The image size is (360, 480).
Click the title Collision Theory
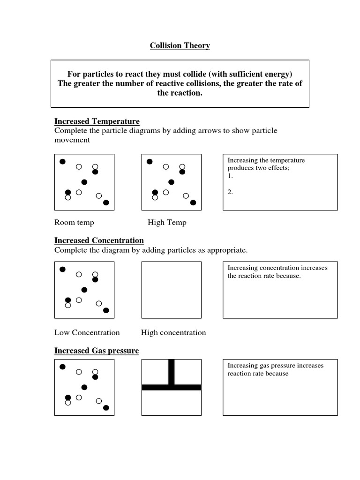[x=180, y=45]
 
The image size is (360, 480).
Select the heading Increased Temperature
[x=97, y=122]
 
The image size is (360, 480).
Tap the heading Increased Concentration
[x=99, y=240]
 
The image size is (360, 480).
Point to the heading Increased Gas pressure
[x=97, y=351]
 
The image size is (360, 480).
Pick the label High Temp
[x=167, y=222]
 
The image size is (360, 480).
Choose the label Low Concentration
[x=87, y=332]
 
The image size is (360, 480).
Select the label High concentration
[x=173, y=332]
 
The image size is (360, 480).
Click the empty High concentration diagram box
[x=172, y=290]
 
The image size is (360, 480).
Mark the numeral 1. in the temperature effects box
[x=230, y=176]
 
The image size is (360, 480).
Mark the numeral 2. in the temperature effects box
[x=230, y=192]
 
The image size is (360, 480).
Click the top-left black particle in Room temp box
[x=62, y=162]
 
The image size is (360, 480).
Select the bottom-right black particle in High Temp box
[x=193, y=202]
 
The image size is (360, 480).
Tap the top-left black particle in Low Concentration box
[x=62, y=269]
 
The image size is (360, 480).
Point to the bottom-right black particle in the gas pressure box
[x=106, y=408]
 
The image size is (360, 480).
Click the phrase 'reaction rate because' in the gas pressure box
[x=258, y=374]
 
